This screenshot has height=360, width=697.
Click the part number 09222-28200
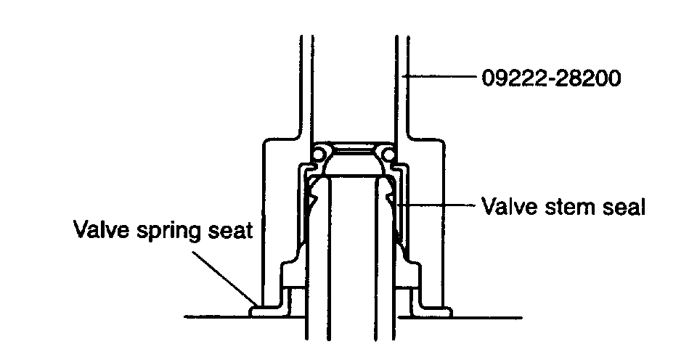pyautogui.click(x=551, y=77)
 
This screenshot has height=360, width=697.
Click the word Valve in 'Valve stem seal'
pyautogui.click(x=505, y=207)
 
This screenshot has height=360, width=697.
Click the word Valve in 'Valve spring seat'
pyautogui.click(x=97, y=232)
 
